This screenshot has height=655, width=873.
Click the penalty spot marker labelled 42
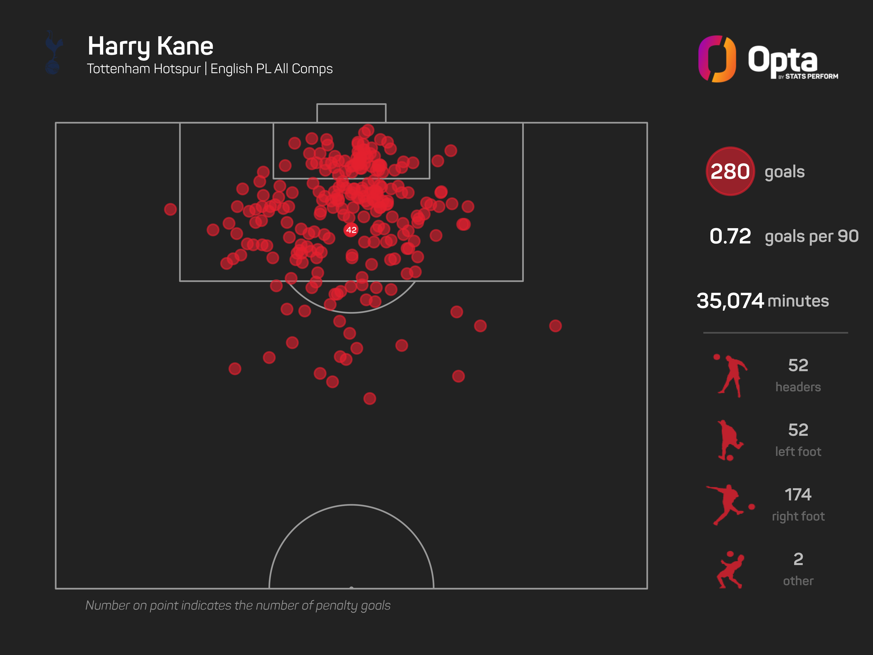[351, 230]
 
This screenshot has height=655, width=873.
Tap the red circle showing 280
[730, 171]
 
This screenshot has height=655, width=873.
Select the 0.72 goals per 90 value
[730, 236]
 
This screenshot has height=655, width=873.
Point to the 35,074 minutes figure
[730, 301]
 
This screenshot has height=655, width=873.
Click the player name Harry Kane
[150, 46]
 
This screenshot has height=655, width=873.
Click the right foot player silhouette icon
[728, 505]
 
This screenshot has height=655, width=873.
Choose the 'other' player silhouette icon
[730, 570]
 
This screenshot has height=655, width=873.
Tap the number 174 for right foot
[798, 494]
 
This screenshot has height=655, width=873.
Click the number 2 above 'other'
[798, 559]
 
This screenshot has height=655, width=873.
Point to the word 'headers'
[798, 387]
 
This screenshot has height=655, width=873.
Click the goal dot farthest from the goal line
[369, 398]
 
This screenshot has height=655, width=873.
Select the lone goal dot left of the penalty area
[170, 209]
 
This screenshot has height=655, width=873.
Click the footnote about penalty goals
[238, 605]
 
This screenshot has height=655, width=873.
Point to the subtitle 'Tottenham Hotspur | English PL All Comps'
[210, 69]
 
